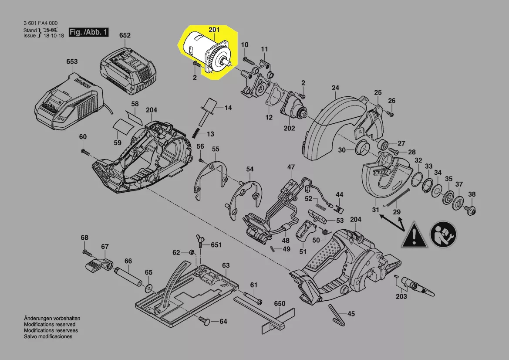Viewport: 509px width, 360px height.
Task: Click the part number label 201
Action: click(214, 30)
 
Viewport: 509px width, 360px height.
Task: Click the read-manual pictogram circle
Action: click(444, 235)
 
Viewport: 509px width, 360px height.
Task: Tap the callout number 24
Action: click(335, 88)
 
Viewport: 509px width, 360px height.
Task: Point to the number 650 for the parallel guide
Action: click(280, 303)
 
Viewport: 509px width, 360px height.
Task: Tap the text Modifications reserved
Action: click(49, 325)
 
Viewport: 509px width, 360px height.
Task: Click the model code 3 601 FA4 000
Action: click(40, 24)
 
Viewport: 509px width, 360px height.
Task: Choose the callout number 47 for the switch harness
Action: click(291, 167)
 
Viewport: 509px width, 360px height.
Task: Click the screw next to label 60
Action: click(84, 151)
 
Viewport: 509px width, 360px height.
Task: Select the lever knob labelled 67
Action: click(98, 263)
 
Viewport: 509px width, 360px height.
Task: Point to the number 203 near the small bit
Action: click(401, 297)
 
